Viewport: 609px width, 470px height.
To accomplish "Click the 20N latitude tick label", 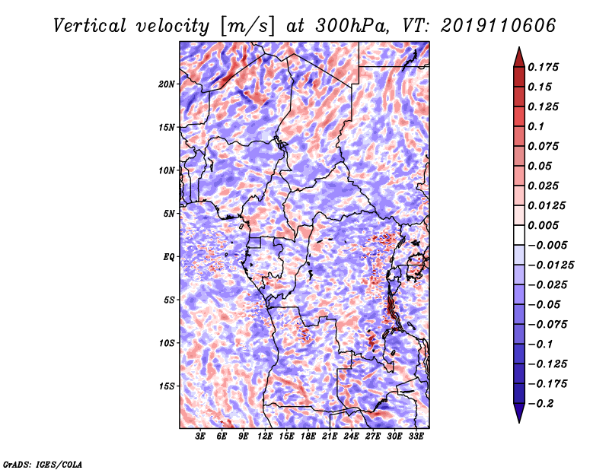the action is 167,84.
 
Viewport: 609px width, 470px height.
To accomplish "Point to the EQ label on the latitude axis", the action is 169,257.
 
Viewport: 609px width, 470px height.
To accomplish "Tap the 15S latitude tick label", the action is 167,386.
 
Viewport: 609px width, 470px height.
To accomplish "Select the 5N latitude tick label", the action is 169,214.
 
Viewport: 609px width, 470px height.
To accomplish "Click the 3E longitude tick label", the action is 200,437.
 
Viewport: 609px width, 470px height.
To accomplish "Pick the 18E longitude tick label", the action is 308,437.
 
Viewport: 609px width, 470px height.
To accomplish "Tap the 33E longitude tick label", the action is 416,437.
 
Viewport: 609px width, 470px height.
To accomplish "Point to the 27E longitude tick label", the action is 373,437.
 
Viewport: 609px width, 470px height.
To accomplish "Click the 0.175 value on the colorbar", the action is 543,67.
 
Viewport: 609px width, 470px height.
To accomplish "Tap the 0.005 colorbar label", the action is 543,225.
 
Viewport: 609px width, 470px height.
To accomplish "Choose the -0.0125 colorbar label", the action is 550,265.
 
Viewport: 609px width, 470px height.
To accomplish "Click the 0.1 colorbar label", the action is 536,126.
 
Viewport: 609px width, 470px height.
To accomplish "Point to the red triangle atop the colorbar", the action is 519,57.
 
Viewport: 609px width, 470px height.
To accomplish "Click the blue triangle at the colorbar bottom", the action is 519,413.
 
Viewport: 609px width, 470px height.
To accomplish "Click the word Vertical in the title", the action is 90,26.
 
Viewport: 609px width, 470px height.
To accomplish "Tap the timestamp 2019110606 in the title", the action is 499,26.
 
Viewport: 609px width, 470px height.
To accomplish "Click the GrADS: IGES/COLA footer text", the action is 43,464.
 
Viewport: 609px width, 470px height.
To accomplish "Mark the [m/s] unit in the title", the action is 247,26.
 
